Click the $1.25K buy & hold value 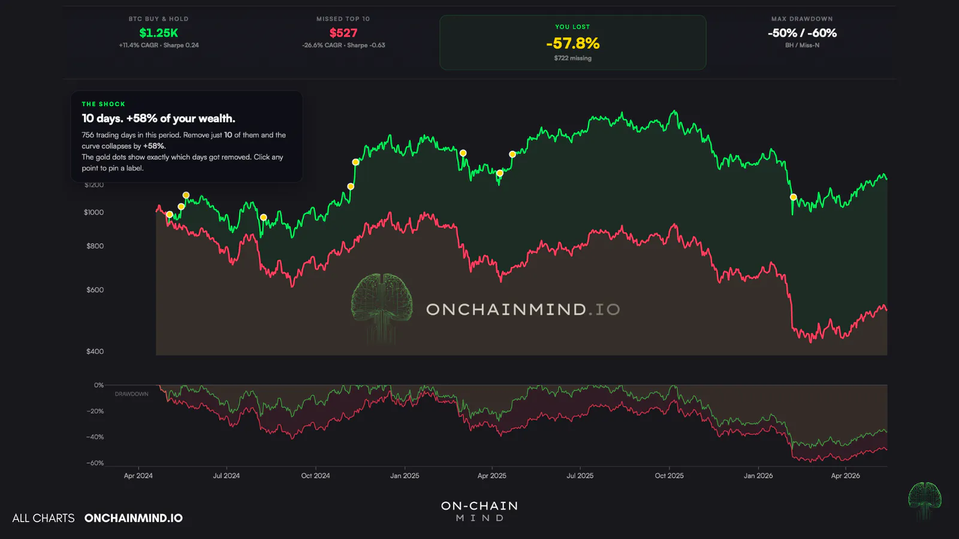(158, 33)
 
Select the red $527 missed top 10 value (343, 33)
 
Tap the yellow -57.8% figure (573, 43)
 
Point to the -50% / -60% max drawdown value (803, 33)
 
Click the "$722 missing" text (573, 58)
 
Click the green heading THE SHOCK (104, 104)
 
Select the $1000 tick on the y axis (94, 212)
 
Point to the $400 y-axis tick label (95, 351)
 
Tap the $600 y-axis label (95, 290)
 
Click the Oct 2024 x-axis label (315, 476)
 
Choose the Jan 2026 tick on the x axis (758, 476)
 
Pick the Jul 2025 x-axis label (580, 476)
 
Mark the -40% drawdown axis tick (95, 437)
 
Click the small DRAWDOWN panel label (131, 394)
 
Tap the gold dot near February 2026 (794, 197)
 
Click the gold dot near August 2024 (264, 217)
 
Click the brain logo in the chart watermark (381, 308)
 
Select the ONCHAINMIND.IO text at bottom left (134, 518)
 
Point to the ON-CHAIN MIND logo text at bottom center (479, 511)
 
